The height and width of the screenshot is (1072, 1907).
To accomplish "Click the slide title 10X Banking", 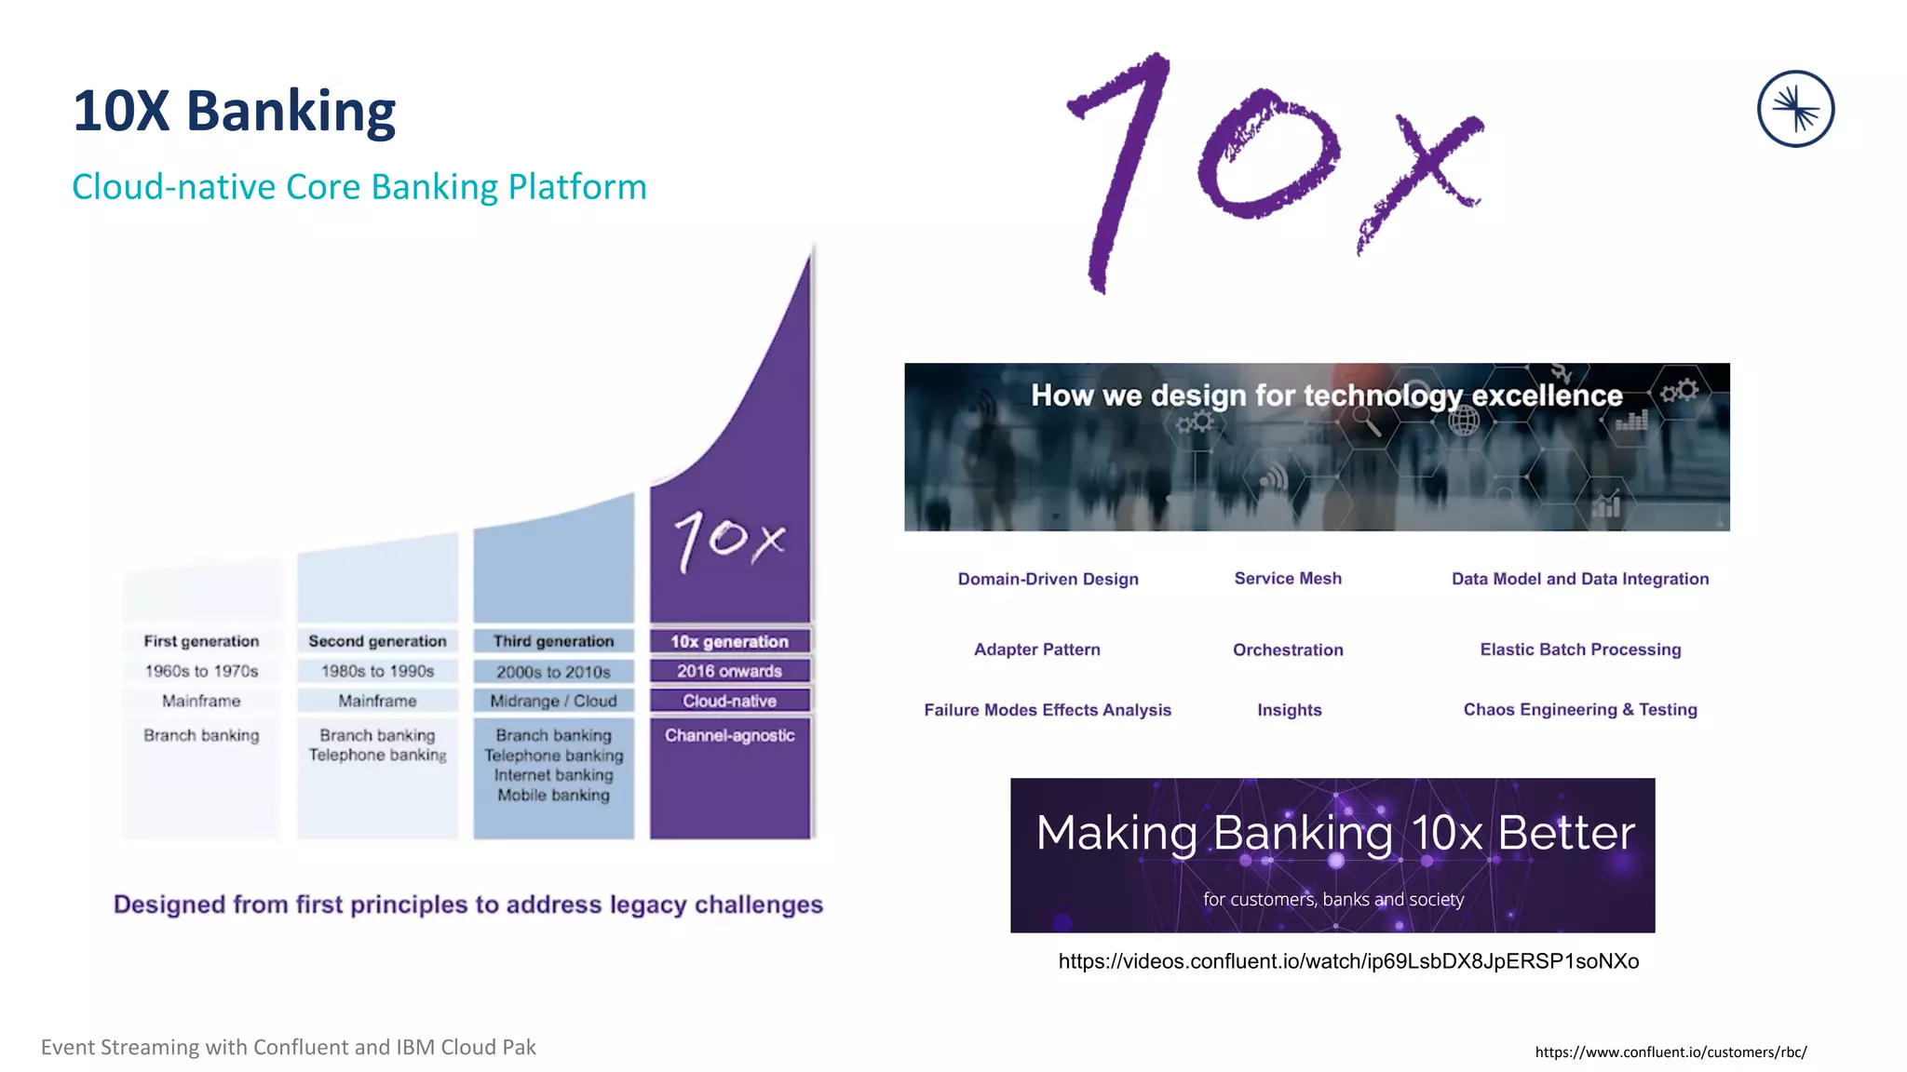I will tap(235, 111).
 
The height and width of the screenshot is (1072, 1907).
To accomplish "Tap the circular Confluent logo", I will tap(1795, 109).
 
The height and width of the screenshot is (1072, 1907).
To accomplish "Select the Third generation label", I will tap(553, 641).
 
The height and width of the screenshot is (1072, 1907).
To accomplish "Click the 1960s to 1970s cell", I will tap(201, 671).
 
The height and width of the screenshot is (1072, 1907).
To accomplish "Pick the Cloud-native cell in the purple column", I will tap(729, 701).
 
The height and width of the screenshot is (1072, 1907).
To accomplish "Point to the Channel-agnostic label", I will tap(729, 735).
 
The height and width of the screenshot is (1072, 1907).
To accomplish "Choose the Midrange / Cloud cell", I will tap(553, 701).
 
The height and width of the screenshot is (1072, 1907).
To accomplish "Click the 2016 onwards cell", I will tap(729, 671).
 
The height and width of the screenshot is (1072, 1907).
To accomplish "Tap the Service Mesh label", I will tap(1288, 578).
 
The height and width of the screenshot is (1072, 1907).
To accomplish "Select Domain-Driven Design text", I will tap(1048, 579).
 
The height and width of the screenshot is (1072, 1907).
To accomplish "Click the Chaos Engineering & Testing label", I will tap(1580, 709).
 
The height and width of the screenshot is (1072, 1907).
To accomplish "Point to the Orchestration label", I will tap(1288, 650).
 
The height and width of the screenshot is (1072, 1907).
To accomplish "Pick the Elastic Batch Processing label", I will tap(1580, 650).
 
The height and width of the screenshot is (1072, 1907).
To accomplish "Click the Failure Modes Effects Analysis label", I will tap(1048, 710).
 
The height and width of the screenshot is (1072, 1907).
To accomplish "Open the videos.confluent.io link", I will tap(1348, 961).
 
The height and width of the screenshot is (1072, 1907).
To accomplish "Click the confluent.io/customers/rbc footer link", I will tap(1670, 1052).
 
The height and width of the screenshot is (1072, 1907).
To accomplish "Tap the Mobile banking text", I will tap(553, 795).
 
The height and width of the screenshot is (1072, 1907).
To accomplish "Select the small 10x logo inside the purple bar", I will tap(729, 540).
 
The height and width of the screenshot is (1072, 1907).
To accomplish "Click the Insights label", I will tap(1289, 710).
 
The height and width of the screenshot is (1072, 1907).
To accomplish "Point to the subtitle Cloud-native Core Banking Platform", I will tap(359, 187).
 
